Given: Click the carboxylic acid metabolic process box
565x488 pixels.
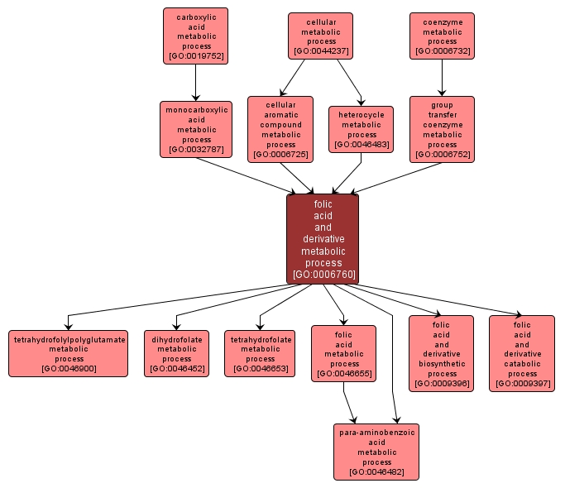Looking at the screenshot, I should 195,36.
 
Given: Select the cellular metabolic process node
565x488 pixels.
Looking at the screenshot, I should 320,36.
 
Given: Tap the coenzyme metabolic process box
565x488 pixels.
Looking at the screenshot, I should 442,36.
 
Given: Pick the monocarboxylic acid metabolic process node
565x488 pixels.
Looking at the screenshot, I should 196,129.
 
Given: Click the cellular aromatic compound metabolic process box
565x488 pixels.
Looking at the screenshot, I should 280,128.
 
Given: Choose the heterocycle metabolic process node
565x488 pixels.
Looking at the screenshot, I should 362,129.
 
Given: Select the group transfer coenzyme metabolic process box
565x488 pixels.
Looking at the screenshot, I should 442,128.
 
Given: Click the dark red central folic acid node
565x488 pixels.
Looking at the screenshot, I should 323,239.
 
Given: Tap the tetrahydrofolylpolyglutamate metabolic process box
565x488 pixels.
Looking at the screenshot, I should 69,353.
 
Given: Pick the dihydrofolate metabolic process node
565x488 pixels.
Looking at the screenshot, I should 176,353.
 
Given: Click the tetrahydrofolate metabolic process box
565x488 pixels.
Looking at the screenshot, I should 260,353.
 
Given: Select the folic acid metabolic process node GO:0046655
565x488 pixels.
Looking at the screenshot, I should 343,353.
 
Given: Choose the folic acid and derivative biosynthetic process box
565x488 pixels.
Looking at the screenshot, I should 442,353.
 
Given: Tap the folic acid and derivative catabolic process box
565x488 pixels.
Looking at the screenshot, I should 522,353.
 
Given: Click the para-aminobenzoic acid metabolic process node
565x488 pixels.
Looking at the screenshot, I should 376,452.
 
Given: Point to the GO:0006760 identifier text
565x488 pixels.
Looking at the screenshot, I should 323,274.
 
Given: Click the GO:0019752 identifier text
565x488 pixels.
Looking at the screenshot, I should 195,57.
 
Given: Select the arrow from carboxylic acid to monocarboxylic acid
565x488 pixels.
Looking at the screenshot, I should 195,83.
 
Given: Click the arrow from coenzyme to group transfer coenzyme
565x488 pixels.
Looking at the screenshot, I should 442,78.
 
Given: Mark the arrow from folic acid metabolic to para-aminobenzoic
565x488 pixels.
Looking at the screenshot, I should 351,403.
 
